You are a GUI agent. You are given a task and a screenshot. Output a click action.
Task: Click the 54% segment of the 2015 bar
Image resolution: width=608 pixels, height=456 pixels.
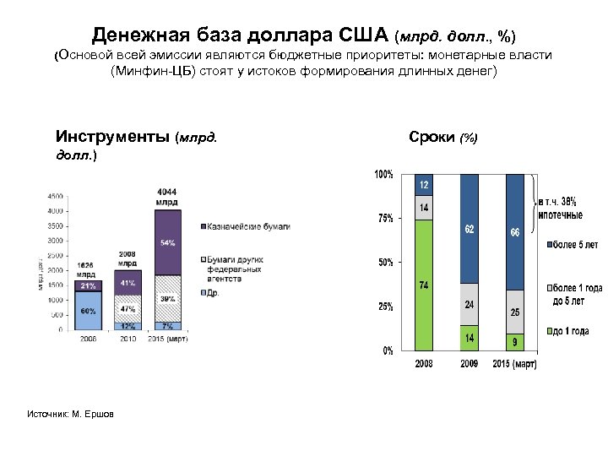tap(167, 243)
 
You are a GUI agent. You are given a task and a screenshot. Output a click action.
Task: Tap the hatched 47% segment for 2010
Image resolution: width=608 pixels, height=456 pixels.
tap(127, 309)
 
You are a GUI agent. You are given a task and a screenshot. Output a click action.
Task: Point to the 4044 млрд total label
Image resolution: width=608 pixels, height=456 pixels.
tap(166, 197)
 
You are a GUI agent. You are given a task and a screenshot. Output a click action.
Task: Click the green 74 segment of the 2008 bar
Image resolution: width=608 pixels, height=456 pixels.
tap(423, 285)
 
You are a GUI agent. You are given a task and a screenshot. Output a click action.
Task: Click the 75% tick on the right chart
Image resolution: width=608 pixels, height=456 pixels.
tap(384, 218)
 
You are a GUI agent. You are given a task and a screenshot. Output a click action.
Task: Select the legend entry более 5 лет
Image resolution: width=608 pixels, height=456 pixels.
tap(575, 245)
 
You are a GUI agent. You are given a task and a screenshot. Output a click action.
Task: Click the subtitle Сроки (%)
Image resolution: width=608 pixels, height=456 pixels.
tap(442, 137)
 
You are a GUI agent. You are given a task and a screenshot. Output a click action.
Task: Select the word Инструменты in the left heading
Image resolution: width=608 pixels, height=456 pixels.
tap(112, 137)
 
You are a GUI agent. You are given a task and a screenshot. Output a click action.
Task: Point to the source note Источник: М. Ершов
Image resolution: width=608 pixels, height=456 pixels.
tap(73, 413)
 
